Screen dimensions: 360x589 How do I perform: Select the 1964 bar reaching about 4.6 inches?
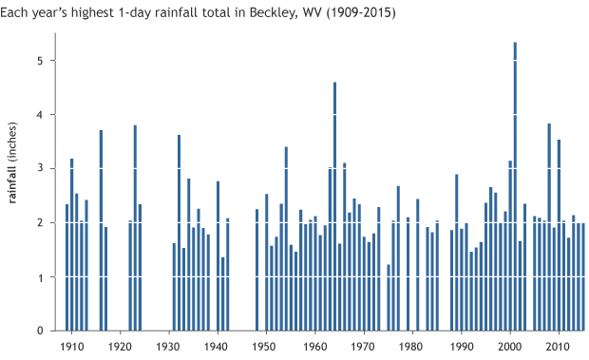click(x=334, y=209)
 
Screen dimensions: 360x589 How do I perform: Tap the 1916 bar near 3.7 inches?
click(x=101, y=233)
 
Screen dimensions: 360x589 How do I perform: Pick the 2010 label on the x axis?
click(x=559, y=347)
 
